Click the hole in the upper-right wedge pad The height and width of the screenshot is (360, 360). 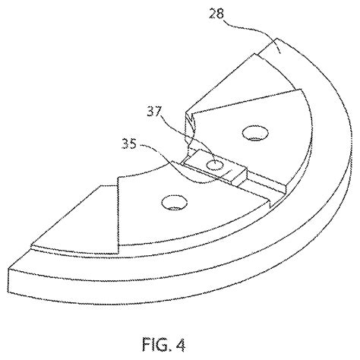click(251, 133)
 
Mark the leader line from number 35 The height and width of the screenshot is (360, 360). click(163, 156)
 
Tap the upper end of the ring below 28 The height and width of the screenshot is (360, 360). click(270, 50)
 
